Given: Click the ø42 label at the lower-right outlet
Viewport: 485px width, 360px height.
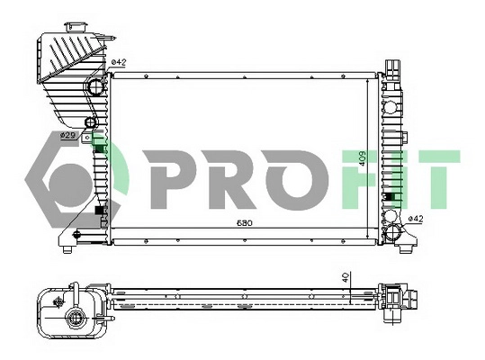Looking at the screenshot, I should coord(416,219).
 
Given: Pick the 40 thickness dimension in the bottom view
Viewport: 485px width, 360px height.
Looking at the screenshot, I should coord(346,279).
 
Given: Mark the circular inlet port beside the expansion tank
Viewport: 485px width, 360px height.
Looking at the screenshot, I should coord(95,87).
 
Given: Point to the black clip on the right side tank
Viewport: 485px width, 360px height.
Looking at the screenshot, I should coord(390,196).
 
